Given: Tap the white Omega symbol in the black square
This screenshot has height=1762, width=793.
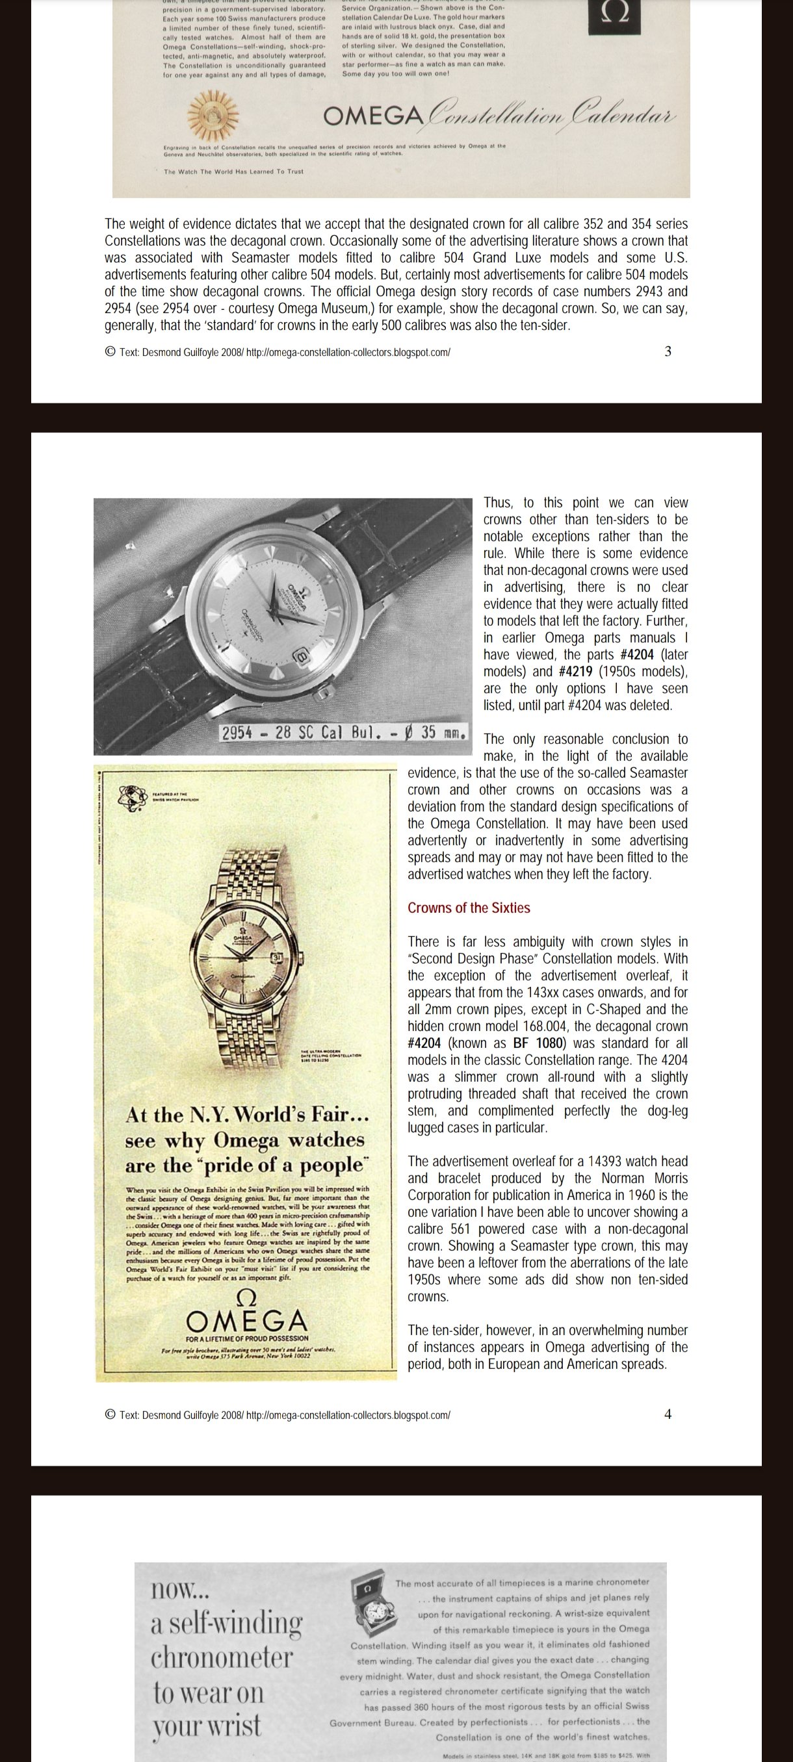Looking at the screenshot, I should (x=614, y=16).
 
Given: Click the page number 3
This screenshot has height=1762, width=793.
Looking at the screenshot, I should (x=668, y=351).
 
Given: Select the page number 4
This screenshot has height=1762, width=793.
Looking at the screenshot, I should (x=668, y=1414).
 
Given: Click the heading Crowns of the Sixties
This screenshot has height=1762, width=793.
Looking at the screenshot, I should (x=469, y=908).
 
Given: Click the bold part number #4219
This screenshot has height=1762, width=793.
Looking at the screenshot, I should (x=575, y=671).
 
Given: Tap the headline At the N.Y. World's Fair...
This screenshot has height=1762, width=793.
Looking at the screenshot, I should (x=247, y=1116).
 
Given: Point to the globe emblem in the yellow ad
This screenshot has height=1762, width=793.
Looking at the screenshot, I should (x=131, y=795).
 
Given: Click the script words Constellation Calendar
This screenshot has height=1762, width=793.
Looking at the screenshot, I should (x=551, y=115).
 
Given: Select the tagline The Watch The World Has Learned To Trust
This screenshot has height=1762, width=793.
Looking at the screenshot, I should (x=233, y=172).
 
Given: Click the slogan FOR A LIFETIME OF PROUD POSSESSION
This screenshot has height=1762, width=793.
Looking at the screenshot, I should (x=247, y=1338).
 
